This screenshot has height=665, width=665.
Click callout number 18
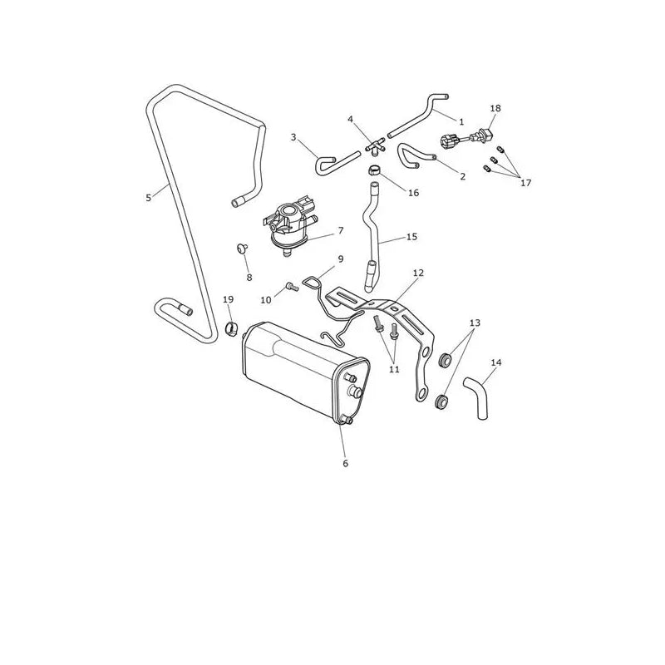coord(495,108)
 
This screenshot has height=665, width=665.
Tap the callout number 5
coord(149,198)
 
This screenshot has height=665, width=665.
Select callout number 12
coord(418,273)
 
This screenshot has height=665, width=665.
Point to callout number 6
coord(345,464)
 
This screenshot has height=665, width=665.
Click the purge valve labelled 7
coord(288,224)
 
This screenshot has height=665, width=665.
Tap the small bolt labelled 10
coord(293,287)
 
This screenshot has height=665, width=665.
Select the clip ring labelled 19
coord(232,329)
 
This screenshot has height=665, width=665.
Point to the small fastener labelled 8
coord(242,247)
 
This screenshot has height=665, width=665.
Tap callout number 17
coord(525,183)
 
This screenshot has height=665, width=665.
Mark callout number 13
coord(475,323)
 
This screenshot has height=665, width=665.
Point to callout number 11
coord(394,369)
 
